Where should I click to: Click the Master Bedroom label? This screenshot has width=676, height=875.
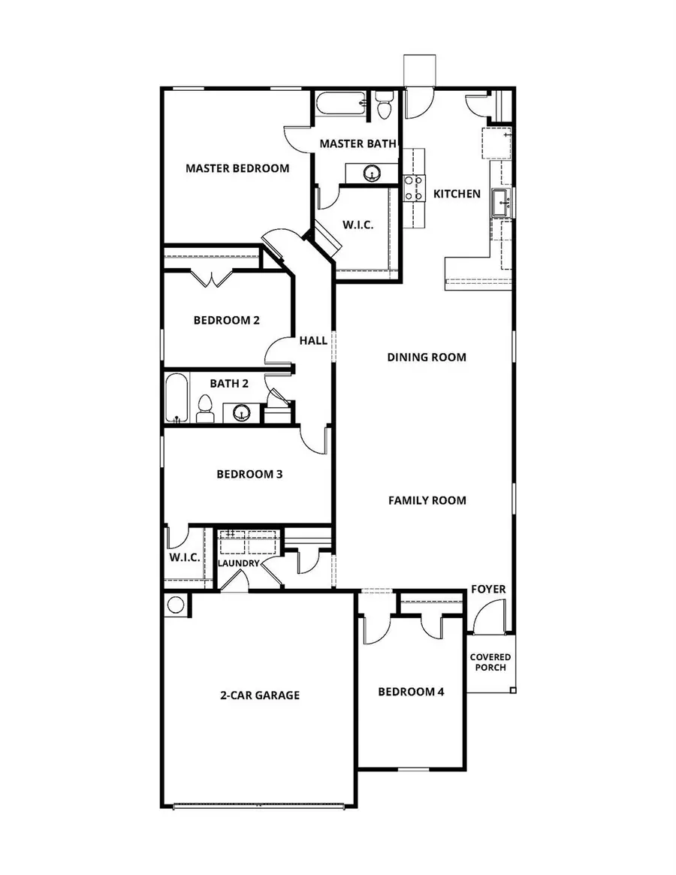tap(237, 168)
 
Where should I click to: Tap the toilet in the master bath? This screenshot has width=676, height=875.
tap(385, 106)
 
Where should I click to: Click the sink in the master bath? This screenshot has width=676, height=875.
tap(371, 173)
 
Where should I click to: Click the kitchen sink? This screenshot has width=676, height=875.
tap(501, 202)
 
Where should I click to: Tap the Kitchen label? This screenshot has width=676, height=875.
tap(457, 194)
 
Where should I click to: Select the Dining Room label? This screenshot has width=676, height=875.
tap(427, 357)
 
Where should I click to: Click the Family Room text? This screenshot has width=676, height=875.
tap(427, 500)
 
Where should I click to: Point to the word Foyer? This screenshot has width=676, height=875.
tap(488, 589)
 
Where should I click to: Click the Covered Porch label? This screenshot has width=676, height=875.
tap(490, 662)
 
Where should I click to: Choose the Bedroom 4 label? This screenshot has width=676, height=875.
tap(411, 692)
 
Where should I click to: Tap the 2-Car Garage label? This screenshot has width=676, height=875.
tap(260, 695)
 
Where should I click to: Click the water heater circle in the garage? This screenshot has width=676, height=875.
tap(177, 605)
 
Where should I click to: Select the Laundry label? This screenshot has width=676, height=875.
tap(239, 563)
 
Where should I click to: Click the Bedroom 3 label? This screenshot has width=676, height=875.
tap(249, 474)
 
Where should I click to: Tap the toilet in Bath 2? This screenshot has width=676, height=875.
tap(204, 410)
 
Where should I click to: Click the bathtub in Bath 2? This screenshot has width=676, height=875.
tap(177, 398)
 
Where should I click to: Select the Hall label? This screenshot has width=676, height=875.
tap(313, 340)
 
